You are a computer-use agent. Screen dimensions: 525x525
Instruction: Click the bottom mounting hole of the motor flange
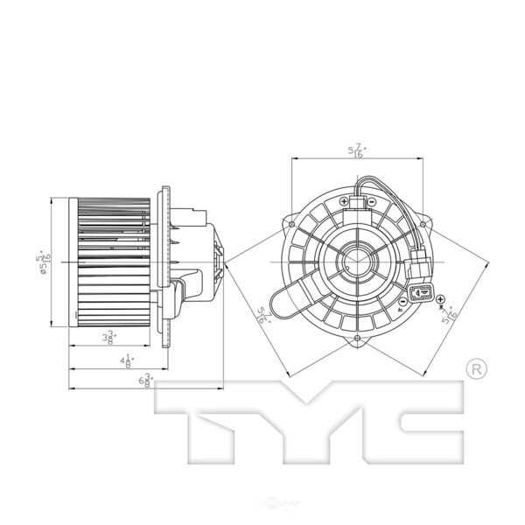[357, 339]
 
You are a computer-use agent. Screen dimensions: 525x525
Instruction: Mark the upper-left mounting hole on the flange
[289, 223]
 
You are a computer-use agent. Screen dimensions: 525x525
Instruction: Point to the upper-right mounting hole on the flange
[423, 225]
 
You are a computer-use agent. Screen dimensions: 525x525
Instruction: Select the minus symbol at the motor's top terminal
[372, 200]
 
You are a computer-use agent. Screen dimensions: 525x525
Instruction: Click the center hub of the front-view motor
[357, 262]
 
